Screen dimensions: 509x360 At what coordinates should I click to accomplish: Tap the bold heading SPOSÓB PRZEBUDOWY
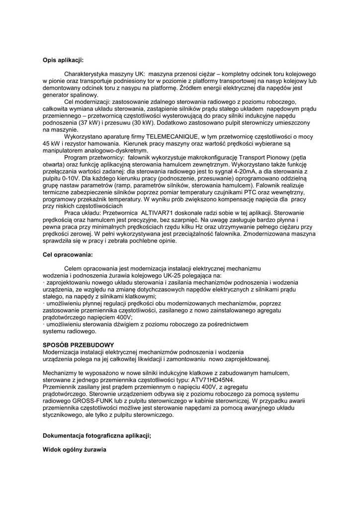pos(78,345)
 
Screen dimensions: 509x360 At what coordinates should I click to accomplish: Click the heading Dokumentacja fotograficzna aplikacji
pos(97,435)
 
